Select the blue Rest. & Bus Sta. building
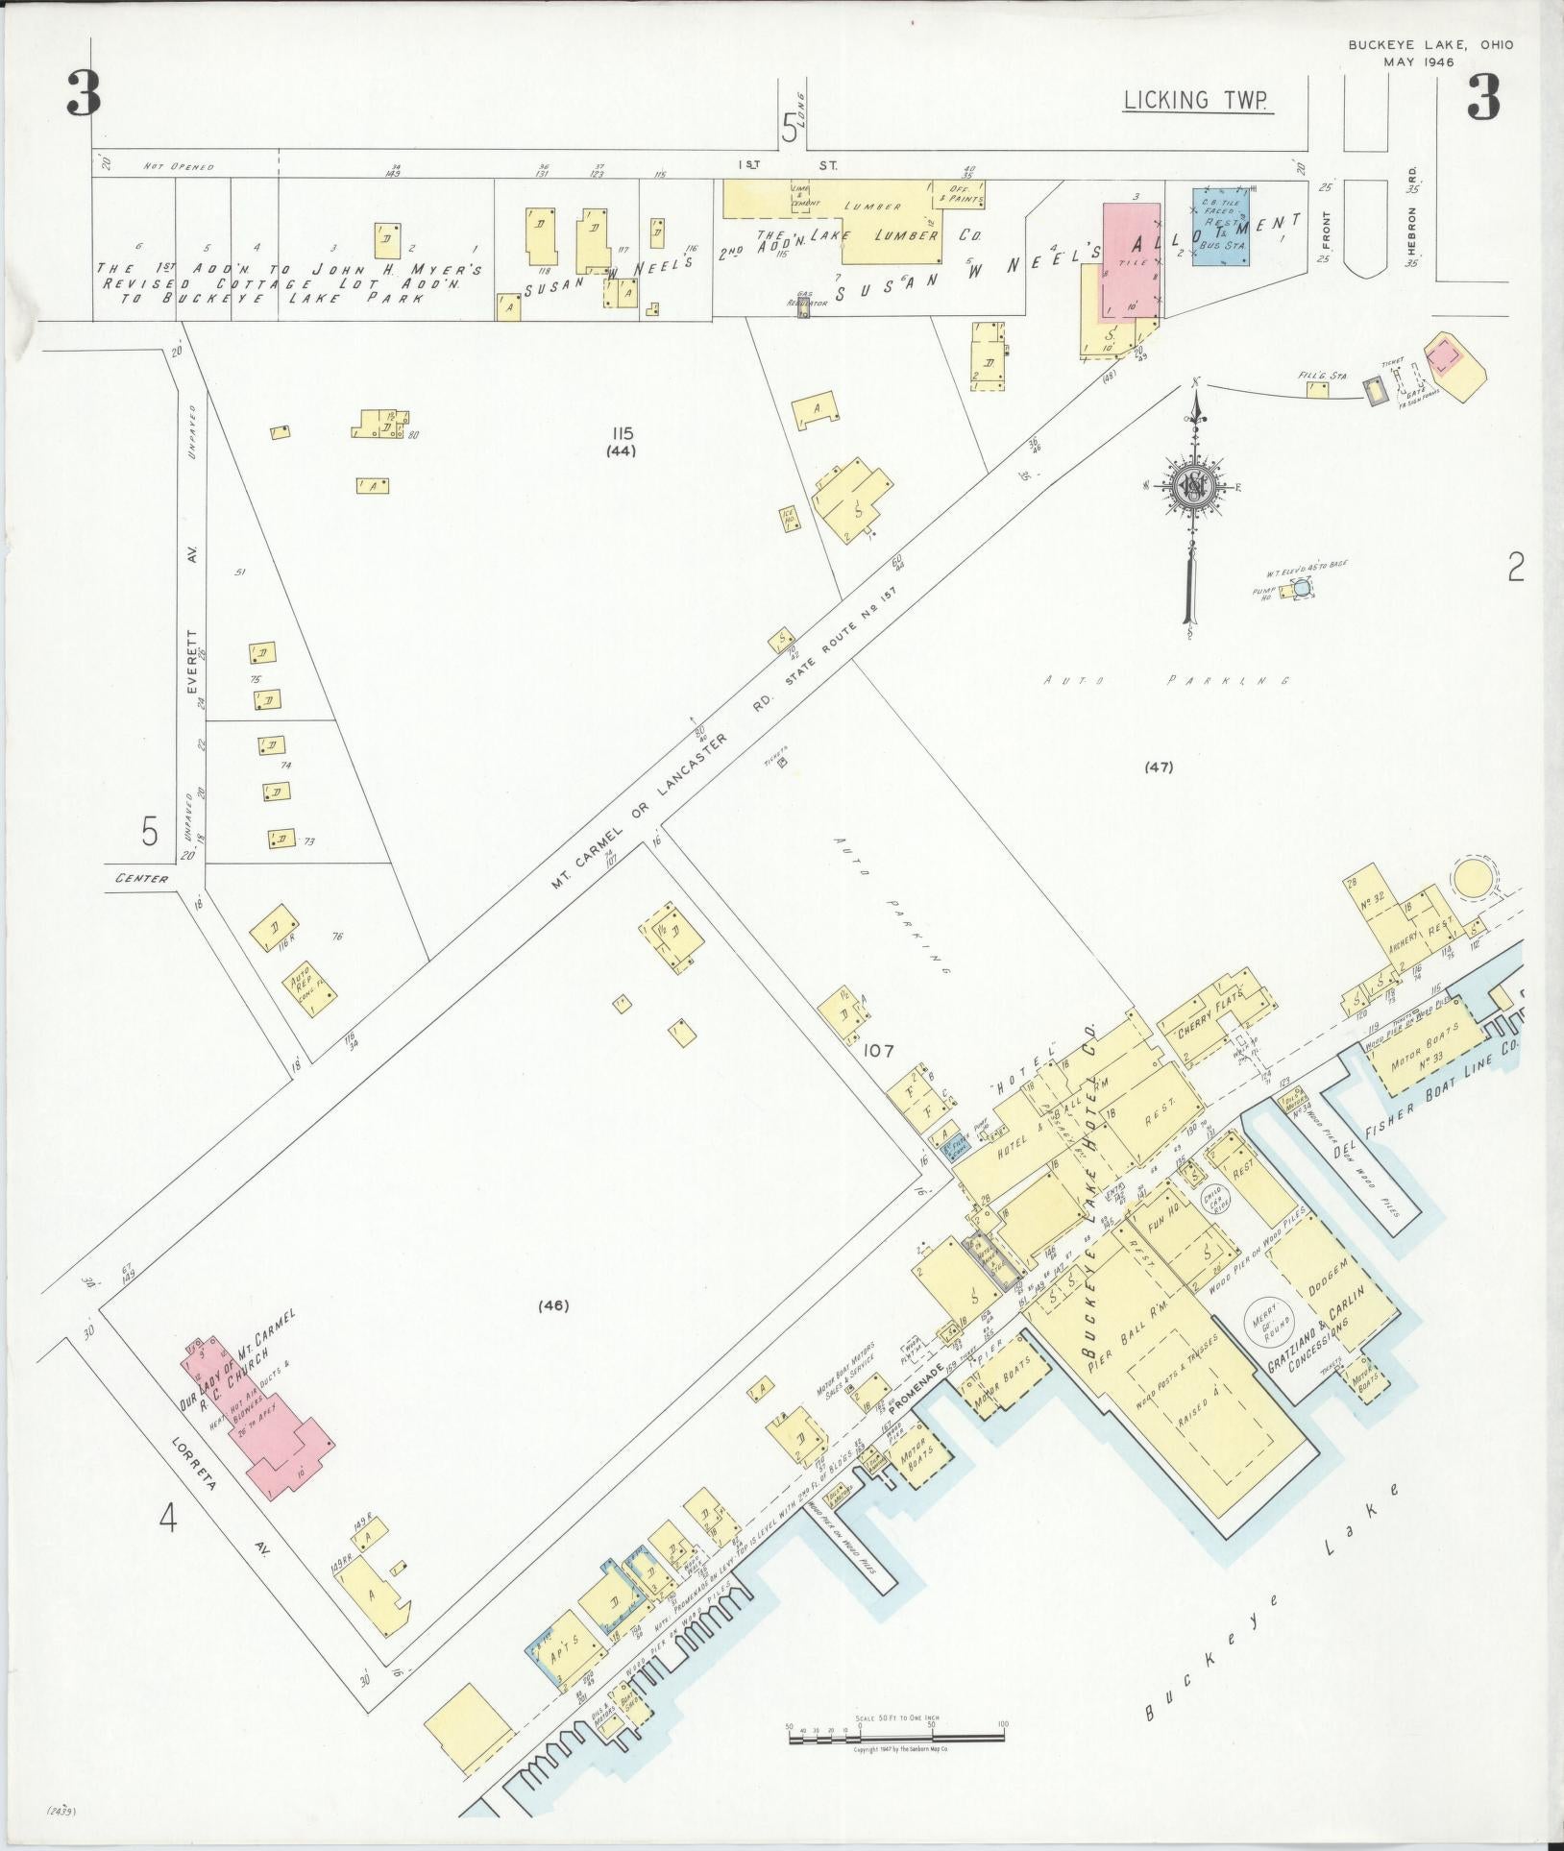pos(1221,233)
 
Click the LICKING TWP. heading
pos(1198,100)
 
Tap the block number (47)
pos(1159,767)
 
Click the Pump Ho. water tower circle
pos(1299,587)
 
